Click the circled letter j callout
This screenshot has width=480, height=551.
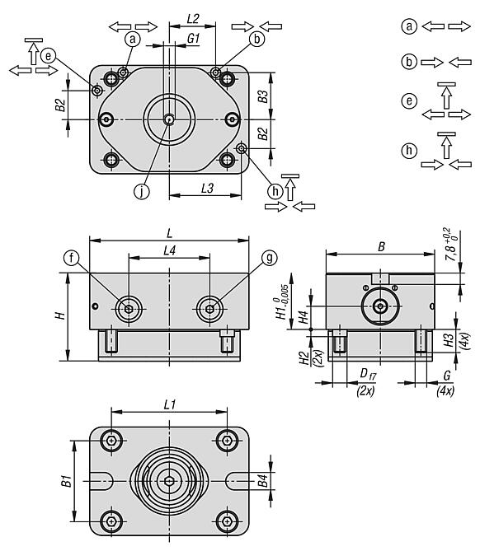pyautogui.click(x=142, y=192)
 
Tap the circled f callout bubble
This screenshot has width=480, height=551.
pyautogui.click(x=71, y=259)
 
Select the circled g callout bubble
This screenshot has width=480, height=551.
pyautogui.click(x=269, y=258)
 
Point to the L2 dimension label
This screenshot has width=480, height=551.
pyautogui.click(x=193, y=19)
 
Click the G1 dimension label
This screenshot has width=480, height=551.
pyautogui.click(x=194, y=39)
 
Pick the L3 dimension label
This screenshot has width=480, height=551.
pyautogui.click(x=207, y=189)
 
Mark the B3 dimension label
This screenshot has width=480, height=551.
pyautogui.click(x=263, y=96)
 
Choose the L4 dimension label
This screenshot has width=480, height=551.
pyautogui.click(x=170, y=250)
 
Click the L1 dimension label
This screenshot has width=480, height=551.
pyautogui.click(x=170, y=405)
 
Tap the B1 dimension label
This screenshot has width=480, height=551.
pyautogui.click(x=67, y=481)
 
